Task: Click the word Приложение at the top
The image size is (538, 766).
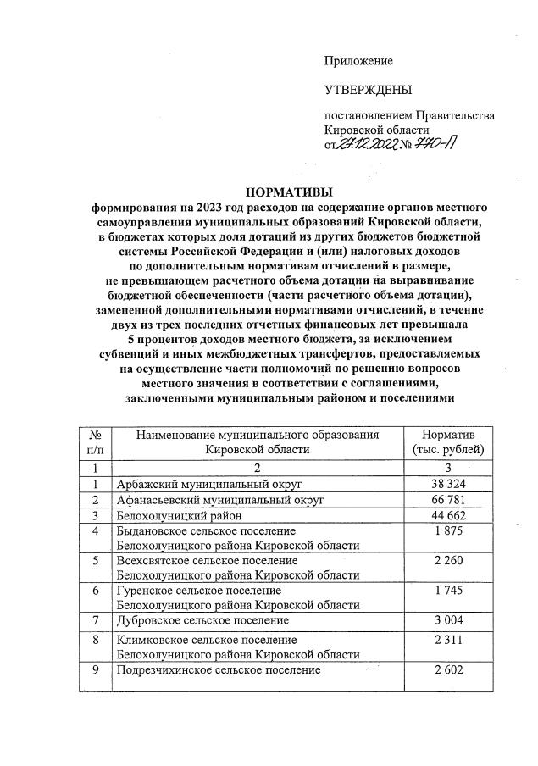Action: pos(359,60)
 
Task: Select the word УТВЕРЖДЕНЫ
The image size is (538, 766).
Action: pos(368,90)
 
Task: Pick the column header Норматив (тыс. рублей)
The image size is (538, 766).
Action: pos(446,441)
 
